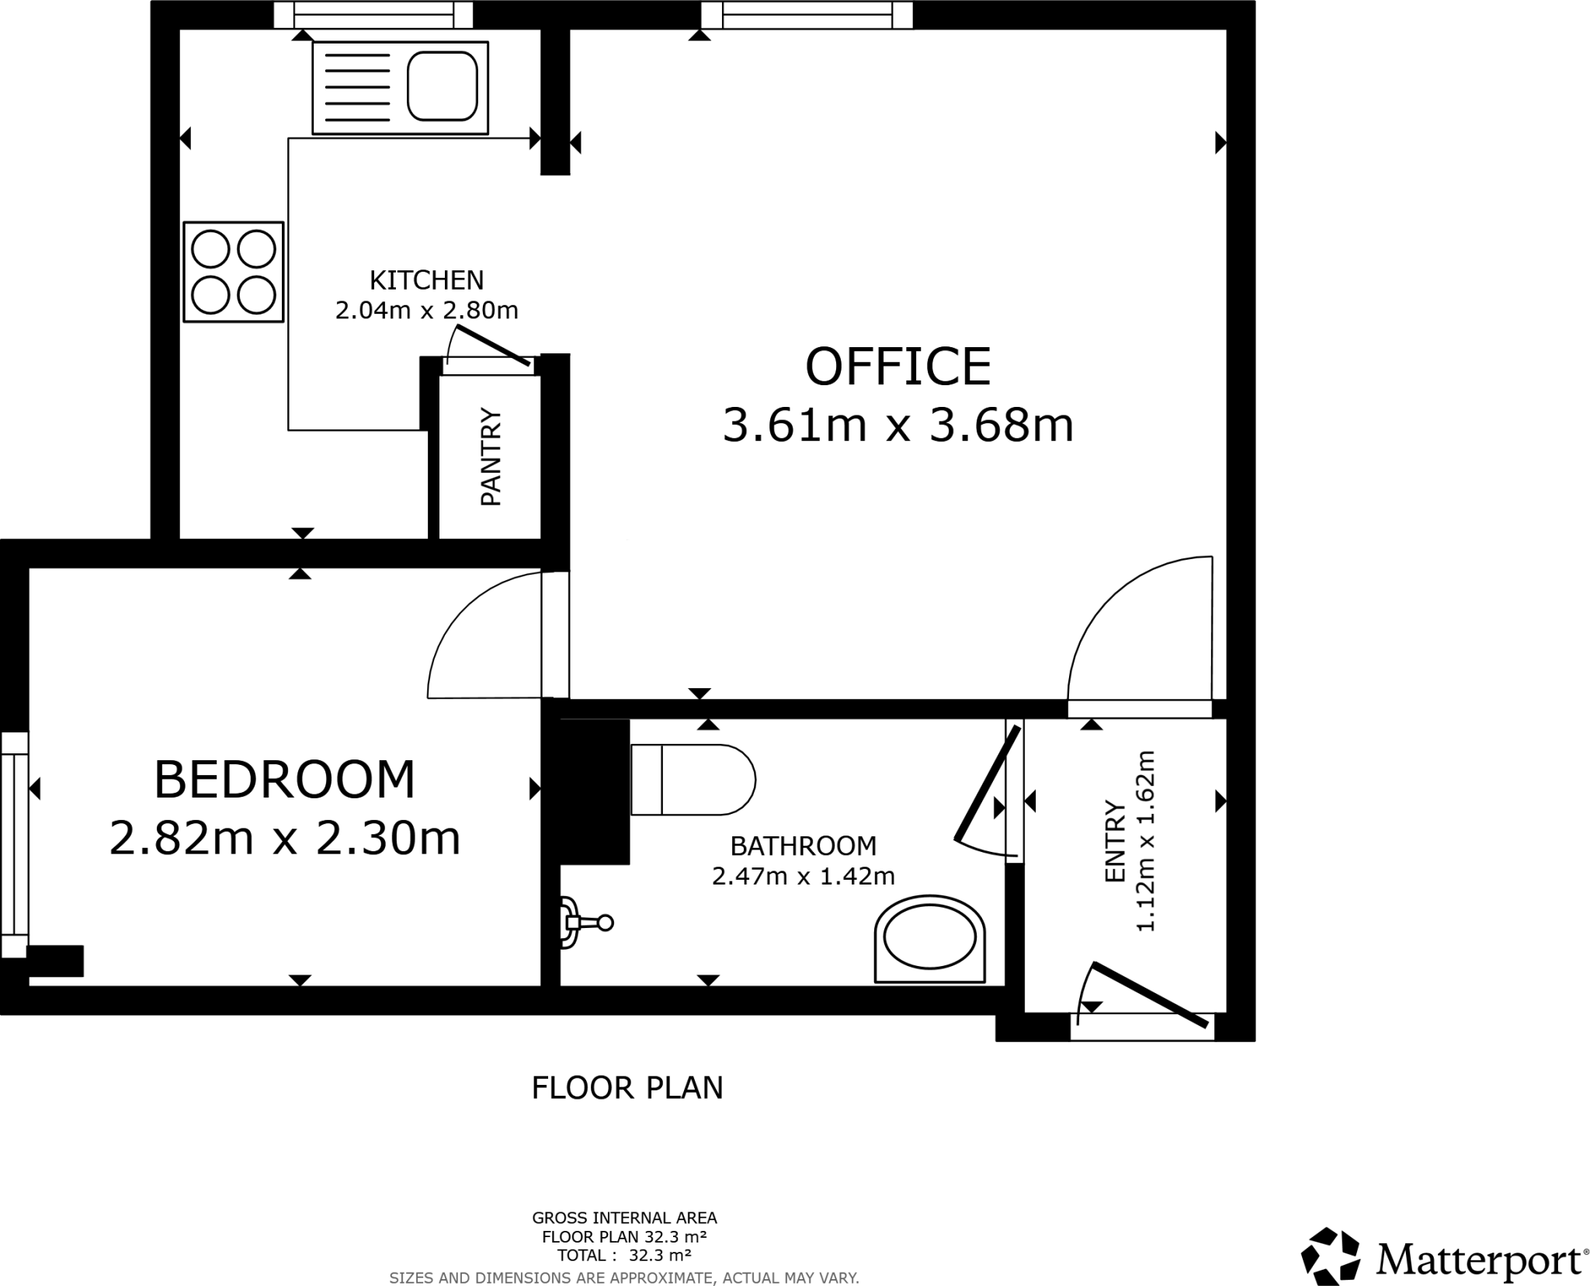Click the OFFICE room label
point(897,367)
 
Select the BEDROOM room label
point(285,780)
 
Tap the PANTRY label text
point(491,457)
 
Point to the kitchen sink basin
point(442,86)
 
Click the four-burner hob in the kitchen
point(233,272)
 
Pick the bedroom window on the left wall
point(14,844)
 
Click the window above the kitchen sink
point(373,14)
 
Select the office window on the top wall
point(807,14)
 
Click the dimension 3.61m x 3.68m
point(897,426)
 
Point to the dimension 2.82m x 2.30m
point(285,839)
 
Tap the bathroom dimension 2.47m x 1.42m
point(803,876)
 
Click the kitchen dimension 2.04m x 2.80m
point(426,311)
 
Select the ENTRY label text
point(1115,841)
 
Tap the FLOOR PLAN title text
point(627,1088)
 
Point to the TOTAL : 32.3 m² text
point(624,1255)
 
